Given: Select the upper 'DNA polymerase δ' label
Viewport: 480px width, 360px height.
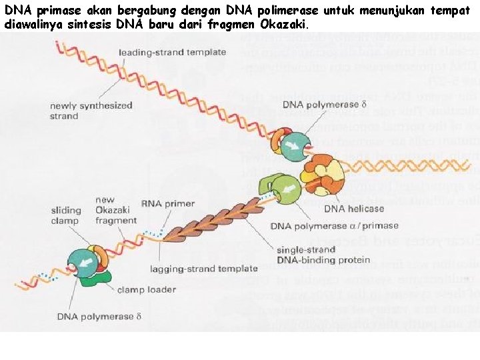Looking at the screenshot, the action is click(325, 105).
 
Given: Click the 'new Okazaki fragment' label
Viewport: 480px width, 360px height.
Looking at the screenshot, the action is click(116, 210).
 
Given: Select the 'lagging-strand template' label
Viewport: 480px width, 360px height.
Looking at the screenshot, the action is click(213, 269).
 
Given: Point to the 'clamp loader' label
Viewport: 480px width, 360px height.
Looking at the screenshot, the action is click(146, 289).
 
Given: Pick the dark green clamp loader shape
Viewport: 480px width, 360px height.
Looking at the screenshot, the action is click(93, 280).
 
